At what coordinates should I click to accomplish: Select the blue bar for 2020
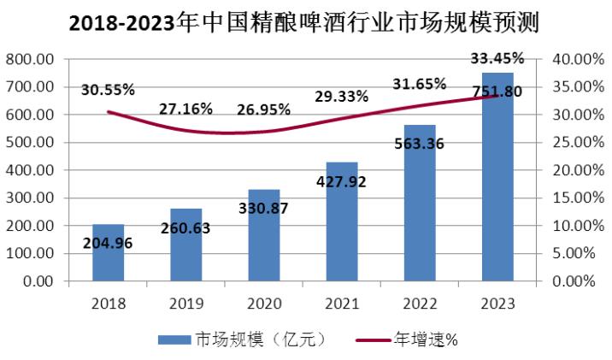264,248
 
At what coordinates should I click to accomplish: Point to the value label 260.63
186,228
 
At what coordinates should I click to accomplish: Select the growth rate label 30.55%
109,89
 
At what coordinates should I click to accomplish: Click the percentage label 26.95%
262,109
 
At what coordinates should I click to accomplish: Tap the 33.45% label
497,58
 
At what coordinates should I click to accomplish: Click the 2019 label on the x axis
186,303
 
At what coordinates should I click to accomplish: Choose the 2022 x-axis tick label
420,303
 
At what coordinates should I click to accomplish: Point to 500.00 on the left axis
30,142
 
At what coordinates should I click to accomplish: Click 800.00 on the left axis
30,59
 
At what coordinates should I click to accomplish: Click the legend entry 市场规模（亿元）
244,339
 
